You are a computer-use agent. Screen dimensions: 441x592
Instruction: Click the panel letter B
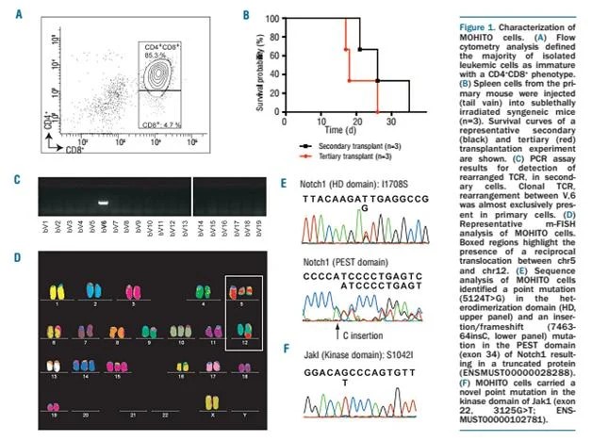[x=248, y=15]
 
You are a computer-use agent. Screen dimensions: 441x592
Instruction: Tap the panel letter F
[x=288, y=347]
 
